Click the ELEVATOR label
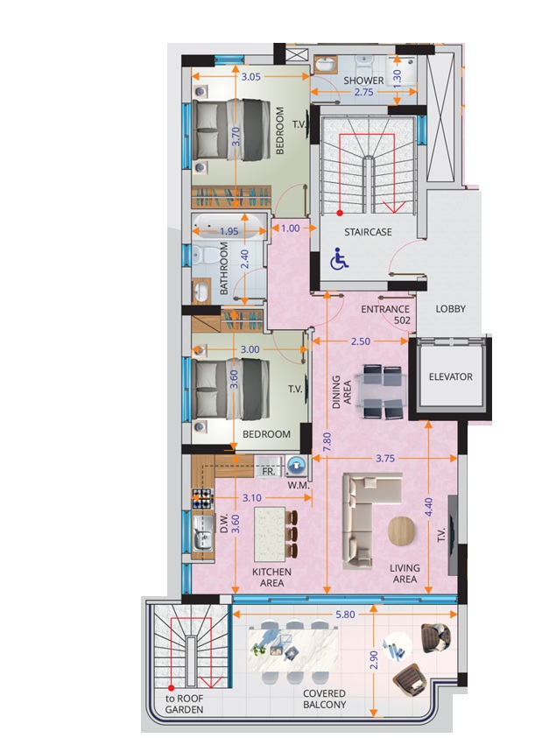tap(451, 377)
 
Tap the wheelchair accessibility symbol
tap(337, 259)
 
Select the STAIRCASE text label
tap(367, 232)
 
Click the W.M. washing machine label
tap(298, 485)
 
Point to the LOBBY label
tap(451, 308)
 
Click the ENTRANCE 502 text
tap(386, 315)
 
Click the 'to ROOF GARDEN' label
tap(184, 704)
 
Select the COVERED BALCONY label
tap(325, 699)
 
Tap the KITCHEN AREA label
tap(271, 578)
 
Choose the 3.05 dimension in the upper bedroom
tap(251, 76)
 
